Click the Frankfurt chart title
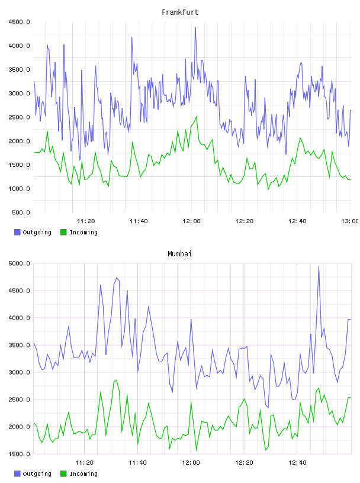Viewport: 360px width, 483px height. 180,12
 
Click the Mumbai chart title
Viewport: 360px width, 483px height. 179,254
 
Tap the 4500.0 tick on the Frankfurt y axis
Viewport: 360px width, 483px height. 20,22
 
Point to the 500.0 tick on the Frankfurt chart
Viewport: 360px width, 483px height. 21,212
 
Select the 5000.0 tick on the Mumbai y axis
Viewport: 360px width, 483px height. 20,263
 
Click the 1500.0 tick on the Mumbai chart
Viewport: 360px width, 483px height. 20,454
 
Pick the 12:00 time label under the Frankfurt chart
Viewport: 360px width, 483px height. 191,221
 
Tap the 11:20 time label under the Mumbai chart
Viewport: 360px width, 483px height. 85,463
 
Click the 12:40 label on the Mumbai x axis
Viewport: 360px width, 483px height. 297,463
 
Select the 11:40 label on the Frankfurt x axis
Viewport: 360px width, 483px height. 139,221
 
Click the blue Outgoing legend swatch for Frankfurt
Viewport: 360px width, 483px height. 17,232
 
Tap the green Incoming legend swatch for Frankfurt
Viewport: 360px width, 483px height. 63,232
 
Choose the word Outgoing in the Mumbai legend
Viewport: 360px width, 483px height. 37,474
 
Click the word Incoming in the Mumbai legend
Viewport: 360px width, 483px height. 83,474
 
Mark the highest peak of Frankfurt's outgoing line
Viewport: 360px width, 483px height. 195,27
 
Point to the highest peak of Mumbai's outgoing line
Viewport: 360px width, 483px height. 319,267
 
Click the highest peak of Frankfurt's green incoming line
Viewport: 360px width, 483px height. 197,117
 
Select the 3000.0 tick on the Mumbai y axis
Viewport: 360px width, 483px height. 20,372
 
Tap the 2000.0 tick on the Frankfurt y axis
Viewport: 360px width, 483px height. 20,141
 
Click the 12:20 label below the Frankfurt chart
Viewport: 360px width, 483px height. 245,221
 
